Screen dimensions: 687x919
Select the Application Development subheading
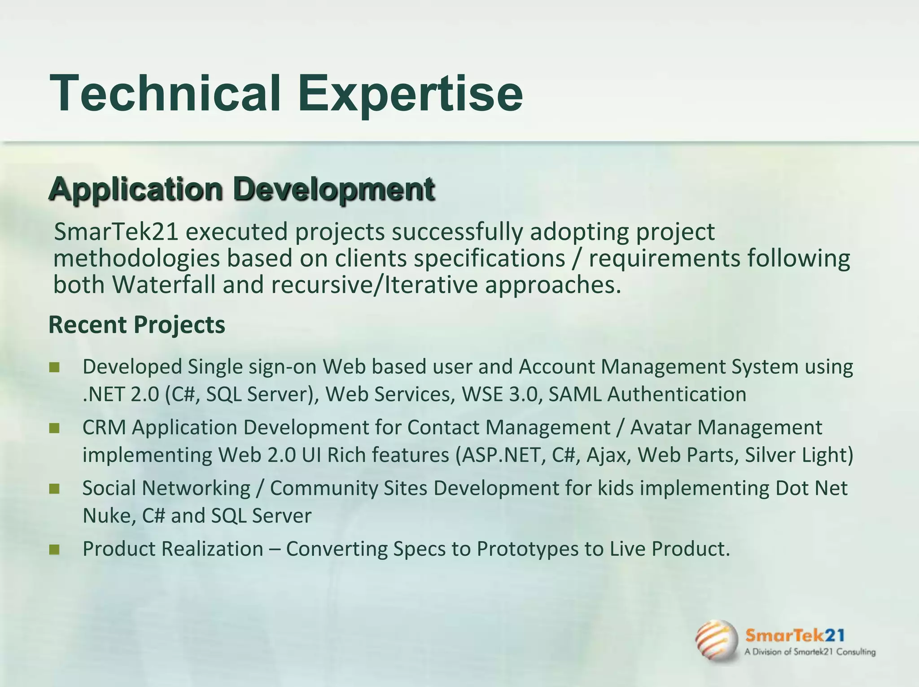tap(241, 189)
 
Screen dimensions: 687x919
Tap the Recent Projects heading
tap(136, 324)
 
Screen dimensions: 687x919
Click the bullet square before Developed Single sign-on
tap(54, 368)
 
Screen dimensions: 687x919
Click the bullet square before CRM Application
tap(54, 429)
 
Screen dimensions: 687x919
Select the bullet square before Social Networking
tap(54, 489)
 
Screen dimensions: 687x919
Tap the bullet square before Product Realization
tap(54, 550)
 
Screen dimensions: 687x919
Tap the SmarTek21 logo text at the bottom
tap(795, 635)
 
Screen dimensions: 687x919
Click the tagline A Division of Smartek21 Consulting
tap(810, 652)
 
